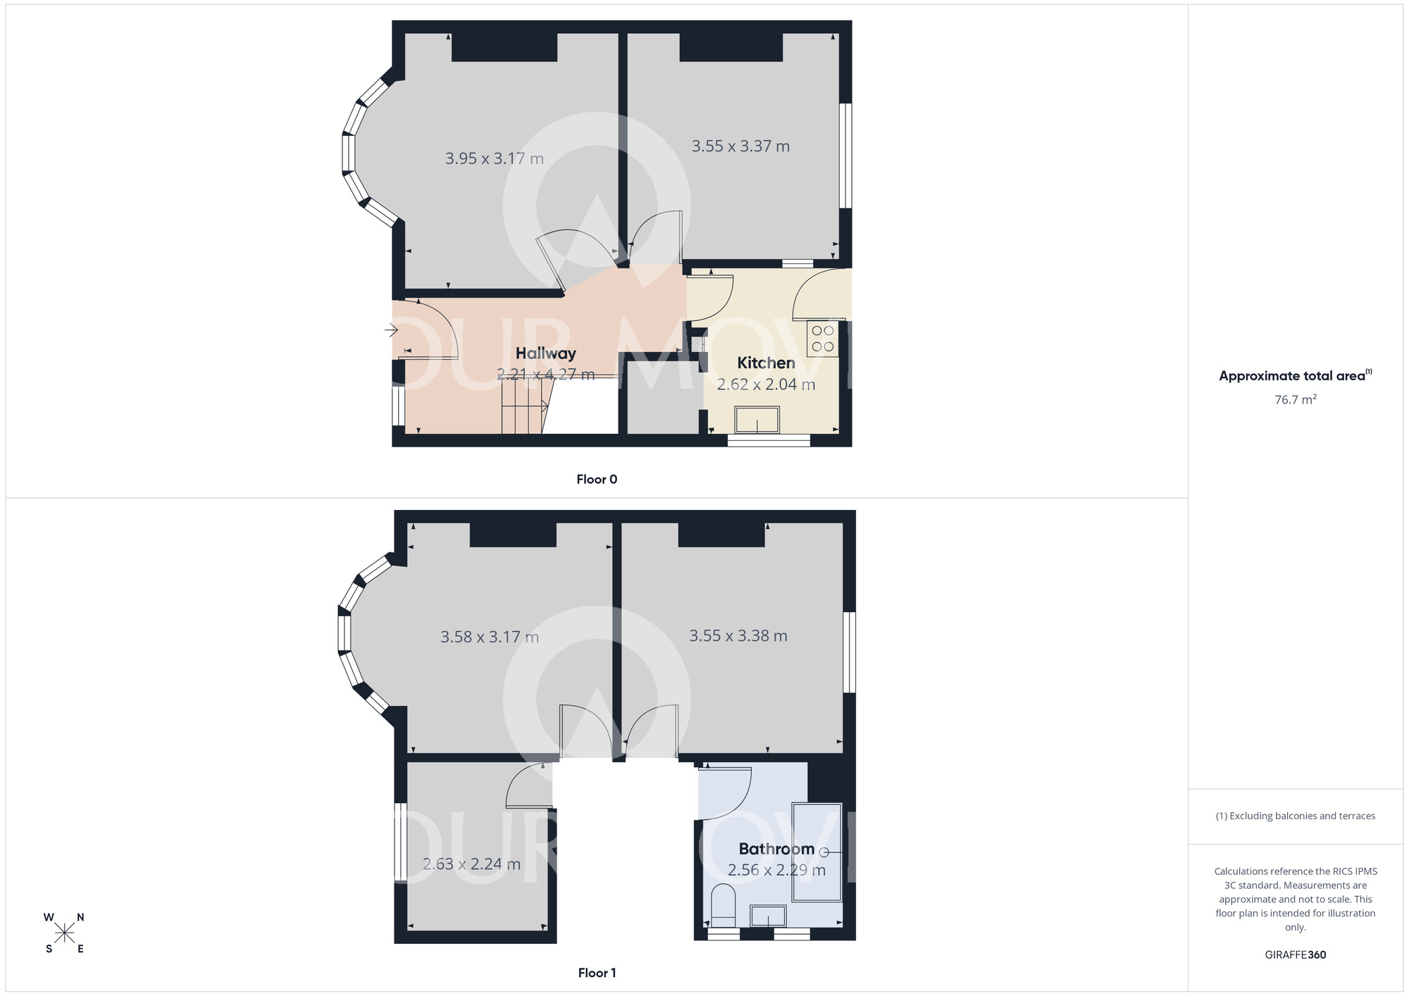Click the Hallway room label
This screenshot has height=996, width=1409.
click(x=545, y=354)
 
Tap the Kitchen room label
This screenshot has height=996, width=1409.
click(x=766, y=363)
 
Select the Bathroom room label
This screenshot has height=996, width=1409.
click(x=776, y=849)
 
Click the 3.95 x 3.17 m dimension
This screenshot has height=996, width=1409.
click(x=494, y=158)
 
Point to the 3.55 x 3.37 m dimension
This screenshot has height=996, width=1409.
click(x=740, y=147)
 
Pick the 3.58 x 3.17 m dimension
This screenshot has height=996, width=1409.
click(x=489, y=637)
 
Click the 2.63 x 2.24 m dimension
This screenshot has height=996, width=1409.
click(x=471, y=864)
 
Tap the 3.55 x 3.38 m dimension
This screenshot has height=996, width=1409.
click(x=738, y=636)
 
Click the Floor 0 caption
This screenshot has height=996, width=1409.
click(x=597, y=480)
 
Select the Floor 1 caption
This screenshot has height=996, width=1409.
click(x=597, y=973)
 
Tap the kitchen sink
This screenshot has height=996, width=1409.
click(x=757, y=420)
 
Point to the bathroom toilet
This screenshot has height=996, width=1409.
click(x=723, y=906)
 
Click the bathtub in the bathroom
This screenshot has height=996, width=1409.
click(x=817, y=852)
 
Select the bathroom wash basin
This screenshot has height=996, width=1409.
click(x=768, y=916)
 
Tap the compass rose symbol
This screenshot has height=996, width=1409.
click(x=64, y=933)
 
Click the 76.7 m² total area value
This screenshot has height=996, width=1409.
click(x=1295, y=400)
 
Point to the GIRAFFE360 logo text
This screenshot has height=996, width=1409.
click(x=1295, y=955)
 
